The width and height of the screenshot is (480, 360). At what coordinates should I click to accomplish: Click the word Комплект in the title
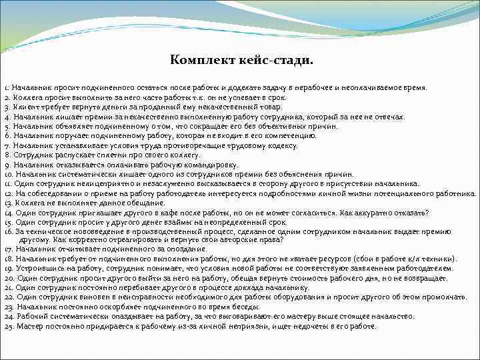pyautogui.click(x=199, y=61)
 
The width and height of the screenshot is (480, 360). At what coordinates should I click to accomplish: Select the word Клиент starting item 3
pyautogui.click(x=23, y=107)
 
